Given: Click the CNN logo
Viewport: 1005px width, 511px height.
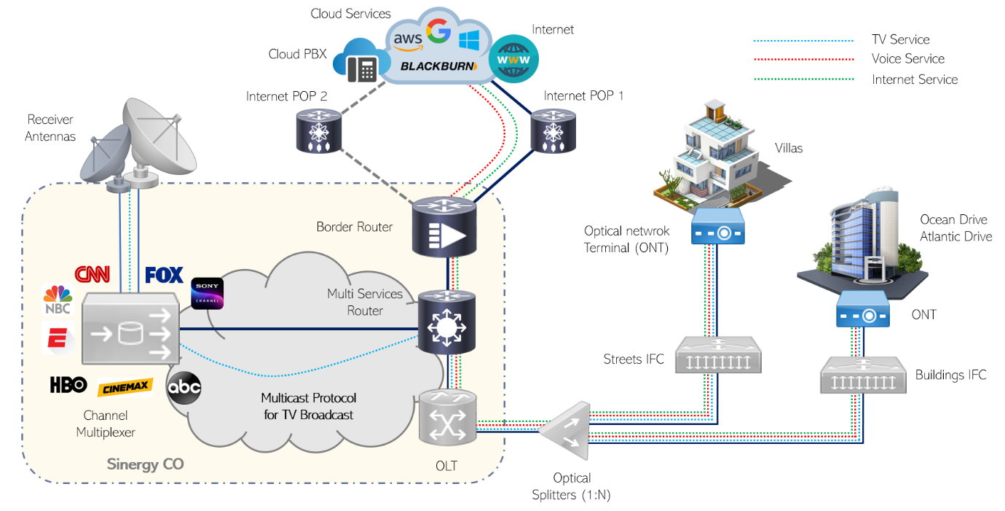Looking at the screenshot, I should (92, 274).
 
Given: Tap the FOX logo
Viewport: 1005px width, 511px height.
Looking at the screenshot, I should (164, 275).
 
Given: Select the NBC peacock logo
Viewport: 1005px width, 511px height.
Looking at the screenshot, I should (58, 299).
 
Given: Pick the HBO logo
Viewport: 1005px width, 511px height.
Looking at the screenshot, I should (68, 385).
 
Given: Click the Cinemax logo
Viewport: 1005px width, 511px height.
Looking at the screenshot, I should (125, 387).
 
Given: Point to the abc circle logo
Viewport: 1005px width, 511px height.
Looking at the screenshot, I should (184, 388).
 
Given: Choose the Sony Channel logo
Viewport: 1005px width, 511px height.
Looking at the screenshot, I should (207, 294).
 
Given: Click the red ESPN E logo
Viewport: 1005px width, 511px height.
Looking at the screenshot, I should (58, 338).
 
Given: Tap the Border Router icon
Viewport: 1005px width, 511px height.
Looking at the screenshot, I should (444, 228).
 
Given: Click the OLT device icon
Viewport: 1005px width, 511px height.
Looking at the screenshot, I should (448, 417).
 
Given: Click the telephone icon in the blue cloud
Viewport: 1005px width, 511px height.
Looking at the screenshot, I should (362, 68).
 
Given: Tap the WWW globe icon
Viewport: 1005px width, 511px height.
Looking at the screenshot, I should (515, 58).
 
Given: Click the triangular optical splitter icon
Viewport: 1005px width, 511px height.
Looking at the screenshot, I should (564, 431).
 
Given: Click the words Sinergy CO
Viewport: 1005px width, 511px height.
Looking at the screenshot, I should (145, 464).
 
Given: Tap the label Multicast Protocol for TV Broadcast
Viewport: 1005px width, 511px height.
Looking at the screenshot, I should (309, 406).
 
